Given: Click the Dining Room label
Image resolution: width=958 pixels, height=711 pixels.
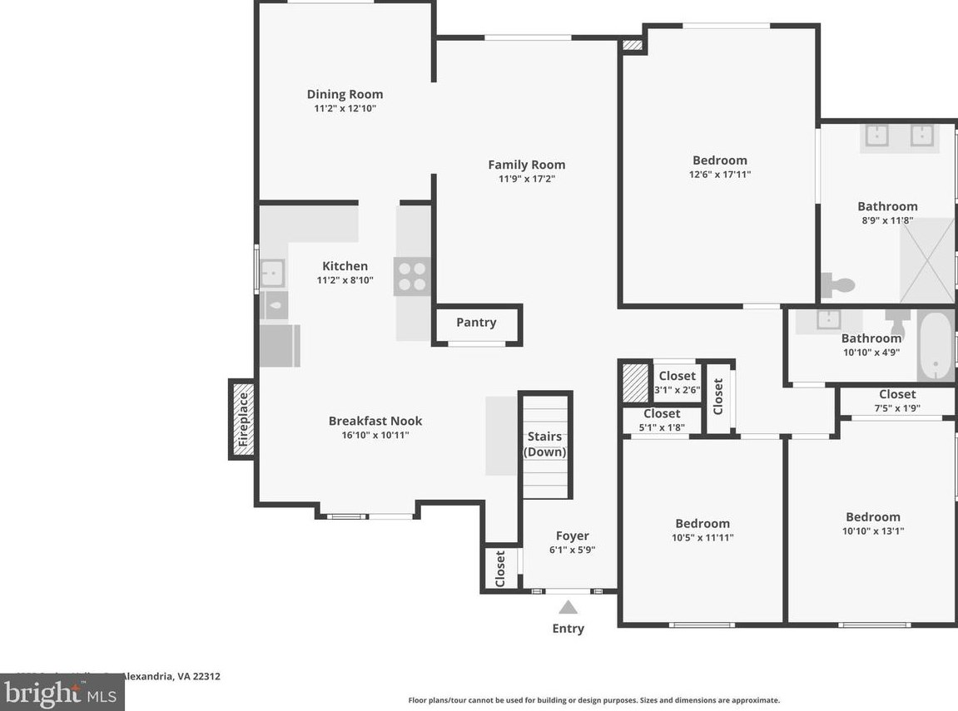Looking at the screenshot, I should [x=345, y=94].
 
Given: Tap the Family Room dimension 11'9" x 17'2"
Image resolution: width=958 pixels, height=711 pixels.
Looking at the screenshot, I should [x=526, y=179].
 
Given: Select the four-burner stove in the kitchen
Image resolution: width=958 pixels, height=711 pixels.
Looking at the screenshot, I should [x=413, y=276].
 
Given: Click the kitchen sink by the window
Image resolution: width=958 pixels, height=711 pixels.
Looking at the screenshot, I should [x=272, y=273].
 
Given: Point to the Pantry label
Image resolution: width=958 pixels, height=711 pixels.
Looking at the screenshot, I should [x=476, y=323].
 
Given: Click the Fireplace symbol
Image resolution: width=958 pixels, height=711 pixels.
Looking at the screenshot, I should [x=242, y=419].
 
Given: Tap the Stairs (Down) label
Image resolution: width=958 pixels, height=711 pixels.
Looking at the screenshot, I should [x=545, y=444].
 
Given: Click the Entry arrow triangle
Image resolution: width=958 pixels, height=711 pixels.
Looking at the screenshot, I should [x=568, y=607].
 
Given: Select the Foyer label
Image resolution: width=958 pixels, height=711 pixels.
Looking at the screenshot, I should [x=573, y=536].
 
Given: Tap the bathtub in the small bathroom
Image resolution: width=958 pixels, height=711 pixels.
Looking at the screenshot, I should [x=936, y=346].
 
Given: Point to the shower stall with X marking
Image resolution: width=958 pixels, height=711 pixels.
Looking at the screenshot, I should [x=927, y=261].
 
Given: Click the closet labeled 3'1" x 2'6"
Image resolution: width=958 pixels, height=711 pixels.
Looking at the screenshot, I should [x=677, y=383].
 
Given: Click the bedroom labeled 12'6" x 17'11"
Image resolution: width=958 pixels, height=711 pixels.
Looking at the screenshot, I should [x=720, y=166].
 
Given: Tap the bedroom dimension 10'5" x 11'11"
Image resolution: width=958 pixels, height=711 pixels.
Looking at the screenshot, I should [x=703, y=538].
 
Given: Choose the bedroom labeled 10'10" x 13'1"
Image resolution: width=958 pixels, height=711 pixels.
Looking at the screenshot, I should [x=873, y=524].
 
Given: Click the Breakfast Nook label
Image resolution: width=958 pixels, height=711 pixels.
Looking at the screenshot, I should [x=375, y=421].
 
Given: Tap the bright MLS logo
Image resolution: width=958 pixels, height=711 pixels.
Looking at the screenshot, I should [x=62, y=693].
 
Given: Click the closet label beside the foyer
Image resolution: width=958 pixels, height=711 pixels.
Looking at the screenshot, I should [x=500, y=569].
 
